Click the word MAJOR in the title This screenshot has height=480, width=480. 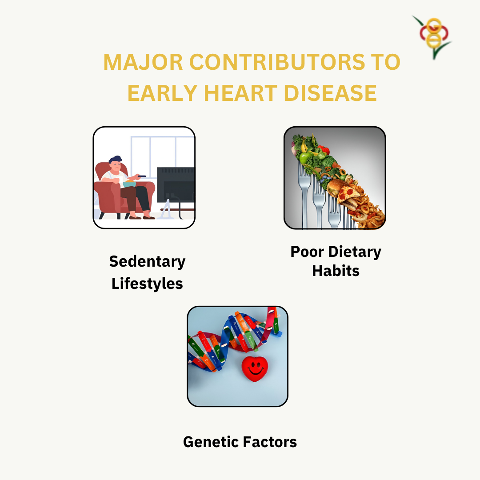coord(143,62)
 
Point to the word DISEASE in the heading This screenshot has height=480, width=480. coord(330,93)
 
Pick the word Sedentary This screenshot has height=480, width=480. coord(147,262)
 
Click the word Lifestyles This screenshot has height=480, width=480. coord(147,284)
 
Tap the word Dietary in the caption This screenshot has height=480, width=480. coord(355,252)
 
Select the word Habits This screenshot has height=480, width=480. coord(336,271)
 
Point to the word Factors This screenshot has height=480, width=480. coord(270,442)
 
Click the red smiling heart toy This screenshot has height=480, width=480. coord(255,368)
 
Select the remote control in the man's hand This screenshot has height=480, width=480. coord(141,176)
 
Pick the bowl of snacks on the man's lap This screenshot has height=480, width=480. coord(129,184)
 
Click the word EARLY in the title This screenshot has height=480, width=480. coord(162,93)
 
